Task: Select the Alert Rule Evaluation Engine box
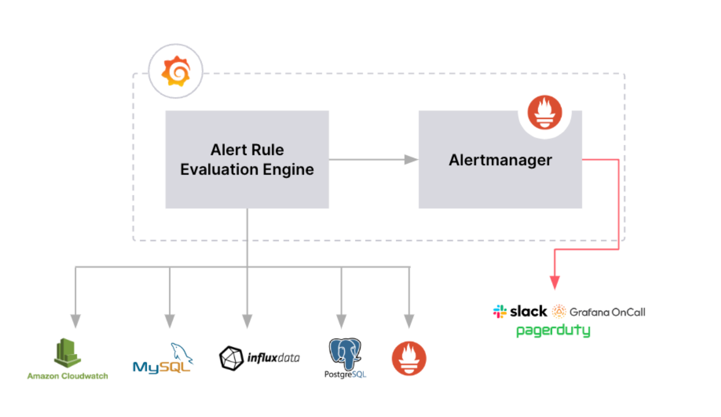[247, 159]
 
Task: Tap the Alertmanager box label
[500, 160]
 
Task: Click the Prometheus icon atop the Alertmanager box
[545, 113]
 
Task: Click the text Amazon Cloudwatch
[68, 376]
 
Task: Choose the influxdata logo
[259, 358]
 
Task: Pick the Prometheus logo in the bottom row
[409, 358]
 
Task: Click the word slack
[528, 311]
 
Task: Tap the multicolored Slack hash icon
[500, 311]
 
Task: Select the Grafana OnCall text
[607, 312]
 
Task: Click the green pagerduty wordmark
[553, 331]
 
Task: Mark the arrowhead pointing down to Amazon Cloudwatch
[75, 321]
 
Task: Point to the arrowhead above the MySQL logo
[169, 321]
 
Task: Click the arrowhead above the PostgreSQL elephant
[341, 321]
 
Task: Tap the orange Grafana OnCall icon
[559, 311]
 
